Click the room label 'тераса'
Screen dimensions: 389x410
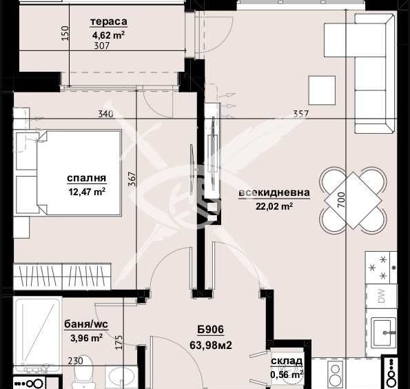coord(109,21)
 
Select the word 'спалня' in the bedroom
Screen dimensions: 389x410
coord(85,179)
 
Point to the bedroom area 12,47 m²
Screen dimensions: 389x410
coord(85,192)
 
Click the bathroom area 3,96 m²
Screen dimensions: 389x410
coord(87,338)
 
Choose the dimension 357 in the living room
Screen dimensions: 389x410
coord(300,114)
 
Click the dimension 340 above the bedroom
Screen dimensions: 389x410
coord(106,114)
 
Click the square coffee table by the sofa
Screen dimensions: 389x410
coord(322,88)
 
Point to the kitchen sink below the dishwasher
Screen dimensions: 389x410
coord(383,332)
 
